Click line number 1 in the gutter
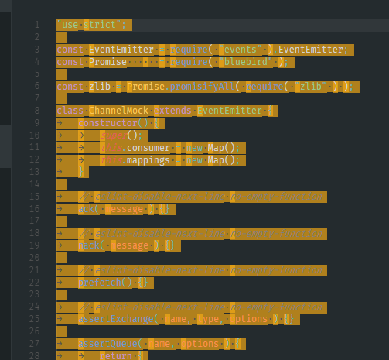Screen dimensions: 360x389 [x=36, y=25]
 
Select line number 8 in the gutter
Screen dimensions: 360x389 [x=36, y=111]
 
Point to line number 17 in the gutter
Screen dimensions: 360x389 [x=34, y=221]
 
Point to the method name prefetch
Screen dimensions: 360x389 [x=100, y=283]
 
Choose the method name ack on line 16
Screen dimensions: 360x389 [x=87, y=209]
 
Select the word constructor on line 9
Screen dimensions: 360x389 [x=107, y=123]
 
